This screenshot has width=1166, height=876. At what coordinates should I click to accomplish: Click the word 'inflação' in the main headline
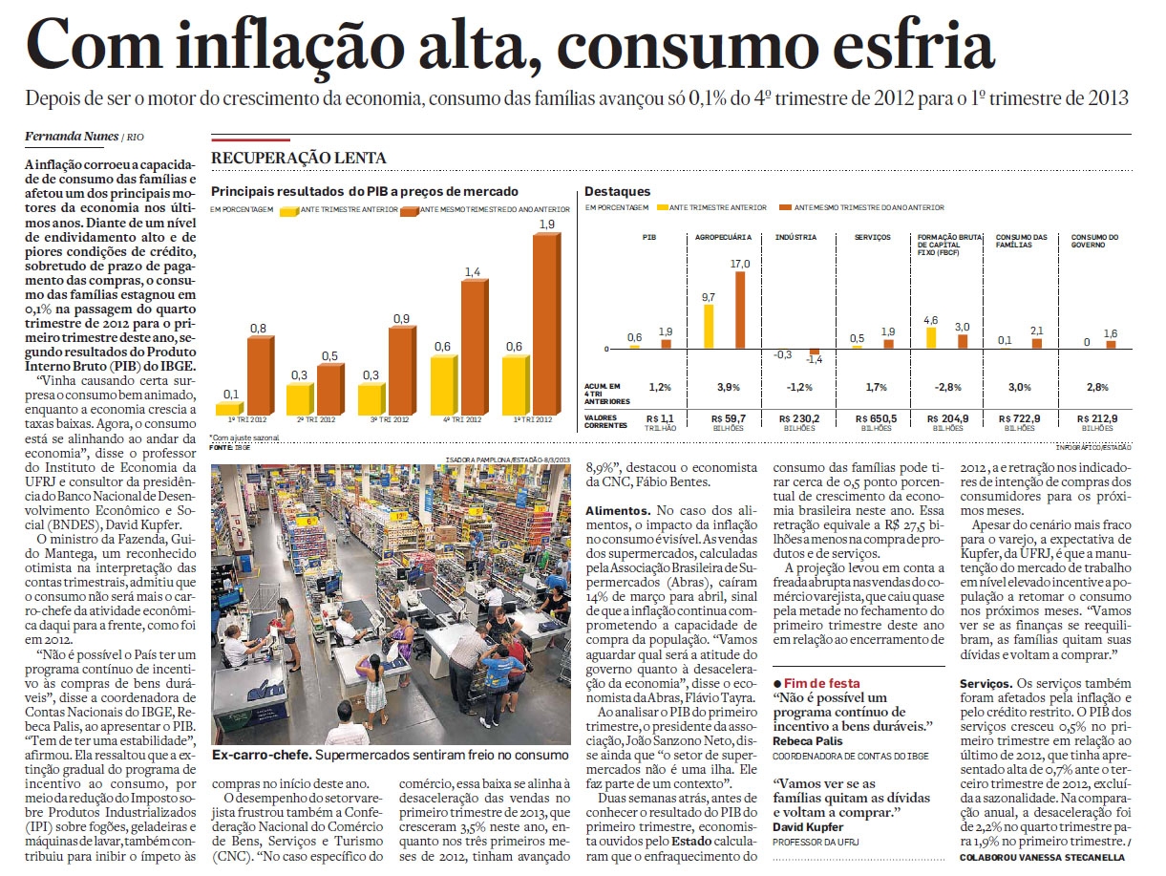[291, 48]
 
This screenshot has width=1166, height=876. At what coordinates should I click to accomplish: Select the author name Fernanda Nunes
[72, 137]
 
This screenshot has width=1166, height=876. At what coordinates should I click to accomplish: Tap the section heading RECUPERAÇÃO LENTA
[299, 158]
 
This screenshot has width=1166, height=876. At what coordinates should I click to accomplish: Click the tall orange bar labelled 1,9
[547, 324]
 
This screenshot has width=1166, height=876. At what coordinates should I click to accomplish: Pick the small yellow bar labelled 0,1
[230, 409]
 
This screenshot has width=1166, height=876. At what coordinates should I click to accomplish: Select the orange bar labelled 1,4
[475, 347]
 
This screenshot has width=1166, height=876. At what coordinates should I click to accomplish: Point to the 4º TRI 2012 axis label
[463, 420]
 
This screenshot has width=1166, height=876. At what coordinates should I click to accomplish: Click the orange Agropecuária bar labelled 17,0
[740, 310]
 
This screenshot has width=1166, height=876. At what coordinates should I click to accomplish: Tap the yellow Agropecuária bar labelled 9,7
[709, 326]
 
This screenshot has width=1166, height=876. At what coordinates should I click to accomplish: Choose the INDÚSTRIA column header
[795, 238]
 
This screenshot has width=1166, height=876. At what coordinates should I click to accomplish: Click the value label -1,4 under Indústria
[814, 360]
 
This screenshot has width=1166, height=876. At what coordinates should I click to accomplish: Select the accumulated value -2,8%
[947, 387]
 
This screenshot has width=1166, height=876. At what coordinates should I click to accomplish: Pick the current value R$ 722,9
[1019, 418]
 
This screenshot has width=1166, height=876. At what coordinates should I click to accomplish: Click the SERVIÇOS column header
[872, 238]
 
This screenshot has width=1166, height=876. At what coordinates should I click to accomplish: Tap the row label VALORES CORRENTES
[605, 421]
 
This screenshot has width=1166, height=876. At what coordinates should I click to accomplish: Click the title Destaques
[617, 191]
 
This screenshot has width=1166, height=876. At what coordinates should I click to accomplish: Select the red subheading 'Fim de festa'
[821, 683]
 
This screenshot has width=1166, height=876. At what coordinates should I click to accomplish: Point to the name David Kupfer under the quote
[808, 827]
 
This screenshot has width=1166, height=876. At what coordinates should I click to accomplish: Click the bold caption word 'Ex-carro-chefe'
[261, 756]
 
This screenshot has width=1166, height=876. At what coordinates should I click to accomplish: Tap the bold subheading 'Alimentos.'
[618, 511]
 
